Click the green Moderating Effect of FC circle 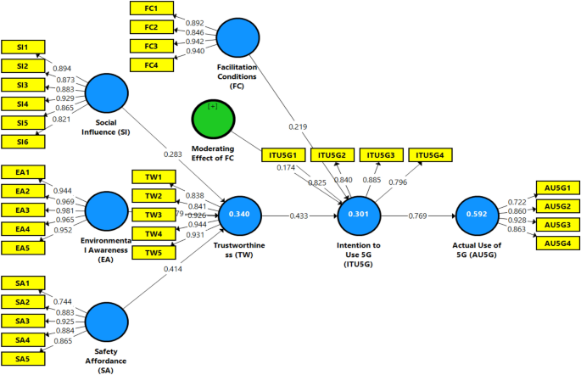(x=213, y=119)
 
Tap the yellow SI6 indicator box (x=23, y=141)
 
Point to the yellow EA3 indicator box (x=23, y=210)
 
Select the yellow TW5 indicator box (x=154, y=252)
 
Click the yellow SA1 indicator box (x=23, y=283)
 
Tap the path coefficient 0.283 (x=173, y=154)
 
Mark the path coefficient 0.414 (x=173, y=269)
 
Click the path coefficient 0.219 (x=298, y=126)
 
